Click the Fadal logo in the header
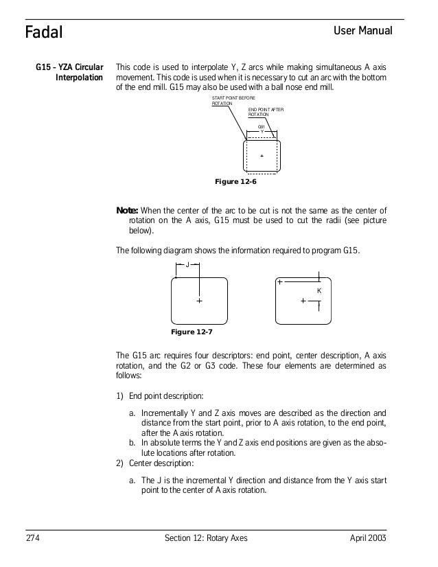44,32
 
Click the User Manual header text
362,32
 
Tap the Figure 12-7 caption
191,332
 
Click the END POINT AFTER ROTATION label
266,112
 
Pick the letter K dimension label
319,291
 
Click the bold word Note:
128,210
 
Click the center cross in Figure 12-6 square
262,157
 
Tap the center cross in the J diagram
199,301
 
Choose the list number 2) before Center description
120,463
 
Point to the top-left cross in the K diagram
280,282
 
